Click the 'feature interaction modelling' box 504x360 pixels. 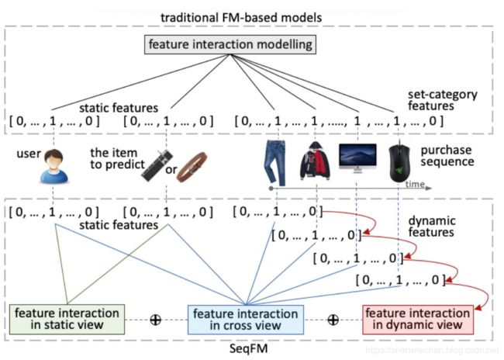[x=230, y=45]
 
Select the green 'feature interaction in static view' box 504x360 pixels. [x=67, y=319]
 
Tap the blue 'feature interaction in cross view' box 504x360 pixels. [x=246, y=320]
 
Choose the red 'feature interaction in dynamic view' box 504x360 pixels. [x=418, y=320]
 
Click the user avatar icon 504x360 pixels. [x=54, y=166]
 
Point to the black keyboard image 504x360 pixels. [x=157, y=166]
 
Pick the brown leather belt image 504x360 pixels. [x=192, y=168]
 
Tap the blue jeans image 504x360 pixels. [x=274, y=162]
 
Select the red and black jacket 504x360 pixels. [x=315, y=161]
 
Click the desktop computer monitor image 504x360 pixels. [x=357, y=158]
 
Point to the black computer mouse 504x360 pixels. [x=399, y=163]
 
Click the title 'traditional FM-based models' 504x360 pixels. [x=241, y=17]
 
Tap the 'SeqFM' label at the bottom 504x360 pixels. [x=248, y=348]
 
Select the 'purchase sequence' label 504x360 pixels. [x=447, y=156]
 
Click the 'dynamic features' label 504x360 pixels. [x=432, y=227]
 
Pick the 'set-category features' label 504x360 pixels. [x=443, y=100]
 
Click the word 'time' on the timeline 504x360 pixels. [x=415, y=184]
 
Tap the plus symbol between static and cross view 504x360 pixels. [x=156, y=320]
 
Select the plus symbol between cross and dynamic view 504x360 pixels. [x=333, y=320]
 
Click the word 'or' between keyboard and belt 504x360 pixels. [x=171, y=169]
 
